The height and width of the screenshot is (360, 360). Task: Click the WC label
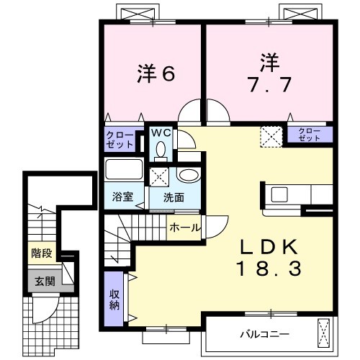pyautogui.click(x=160, y=132)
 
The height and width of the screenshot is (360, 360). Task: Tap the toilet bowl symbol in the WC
pyautogui.click(x=161, y=149)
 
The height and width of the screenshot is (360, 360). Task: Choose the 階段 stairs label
pyautogui.click(x=41, y=253)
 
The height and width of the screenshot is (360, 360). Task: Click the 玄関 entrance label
pyautogui.click(x=41, y=280)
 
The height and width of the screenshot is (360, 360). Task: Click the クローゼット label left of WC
pyautogui.click(x=120, y=139)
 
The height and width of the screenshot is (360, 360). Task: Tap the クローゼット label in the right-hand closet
pyautogui.click(x=310, y=133)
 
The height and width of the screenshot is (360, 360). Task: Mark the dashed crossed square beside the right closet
pyautogui.click(x=271, y=135)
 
